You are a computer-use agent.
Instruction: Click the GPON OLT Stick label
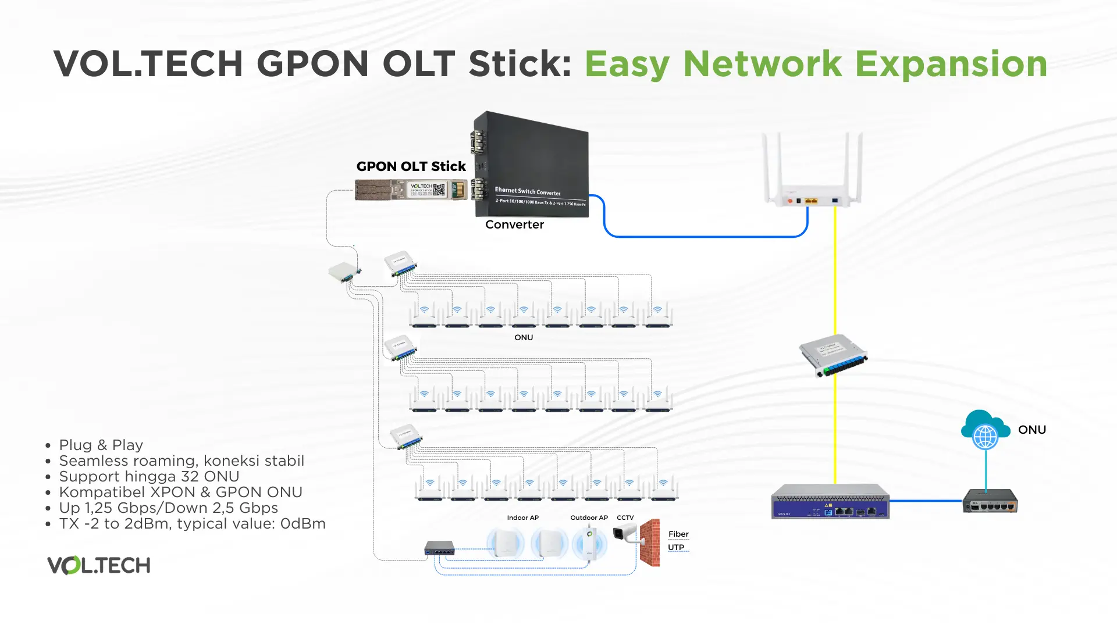[x=411, y=166]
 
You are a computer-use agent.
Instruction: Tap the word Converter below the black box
[x=514, y=224]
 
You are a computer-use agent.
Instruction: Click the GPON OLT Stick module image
[x=411, y=190]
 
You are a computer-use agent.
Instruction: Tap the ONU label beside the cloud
[x=1032, y=430]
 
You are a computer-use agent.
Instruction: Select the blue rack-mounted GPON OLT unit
[x=830, y=501]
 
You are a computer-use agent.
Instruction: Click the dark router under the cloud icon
[x=990, y=501]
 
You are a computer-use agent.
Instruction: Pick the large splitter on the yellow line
[x=833, y=355]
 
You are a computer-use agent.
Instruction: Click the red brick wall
[x=650, y=543]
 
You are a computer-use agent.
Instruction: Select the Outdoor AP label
[x=589, y=518]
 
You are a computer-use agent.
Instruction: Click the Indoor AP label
[x=522, y=518]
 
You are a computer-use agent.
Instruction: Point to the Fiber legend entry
[x=678, y=534]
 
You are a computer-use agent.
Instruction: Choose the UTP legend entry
[x=676, y=547]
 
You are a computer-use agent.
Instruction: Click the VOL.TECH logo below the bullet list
[x=99, y=565]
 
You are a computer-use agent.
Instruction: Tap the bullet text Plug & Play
[x=101, y=445]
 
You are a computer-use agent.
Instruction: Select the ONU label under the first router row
[x=524, y=337]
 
